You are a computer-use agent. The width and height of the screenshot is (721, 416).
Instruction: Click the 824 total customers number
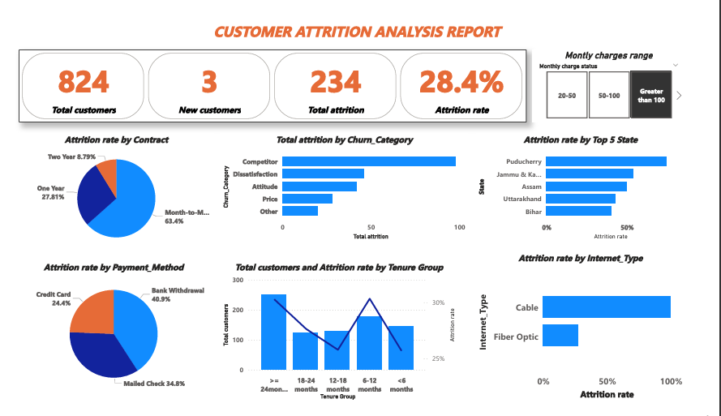[84, 81]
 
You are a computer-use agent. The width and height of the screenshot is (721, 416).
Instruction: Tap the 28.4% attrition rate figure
[461, 81]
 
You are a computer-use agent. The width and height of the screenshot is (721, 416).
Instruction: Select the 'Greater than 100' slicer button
[651, 95]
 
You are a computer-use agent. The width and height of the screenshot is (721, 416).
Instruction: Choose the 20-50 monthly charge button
[566, 95]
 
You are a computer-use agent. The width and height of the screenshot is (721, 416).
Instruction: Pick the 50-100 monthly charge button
[609, 95]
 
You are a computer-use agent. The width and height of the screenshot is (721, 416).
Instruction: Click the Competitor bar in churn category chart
[369, 161]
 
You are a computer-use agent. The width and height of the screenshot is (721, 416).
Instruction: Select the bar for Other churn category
[300, 211]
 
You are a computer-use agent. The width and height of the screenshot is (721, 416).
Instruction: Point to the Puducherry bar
[605, 161]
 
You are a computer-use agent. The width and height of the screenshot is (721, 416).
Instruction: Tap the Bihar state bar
[577, 211]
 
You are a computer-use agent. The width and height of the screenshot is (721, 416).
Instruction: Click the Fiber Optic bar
[560, 336]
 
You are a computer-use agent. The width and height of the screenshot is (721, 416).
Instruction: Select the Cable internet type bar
[607, 307]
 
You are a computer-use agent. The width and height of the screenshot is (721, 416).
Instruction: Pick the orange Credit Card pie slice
[92, 311]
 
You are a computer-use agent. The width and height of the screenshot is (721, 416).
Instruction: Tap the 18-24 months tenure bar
[305, 350]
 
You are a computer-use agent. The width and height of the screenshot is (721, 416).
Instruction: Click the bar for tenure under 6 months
[401, 348]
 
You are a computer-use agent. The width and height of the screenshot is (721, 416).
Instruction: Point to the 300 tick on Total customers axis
[238, 280]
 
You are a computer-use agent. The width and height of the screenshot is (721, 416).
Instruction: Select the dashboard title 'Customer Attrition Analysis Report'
[358, 32]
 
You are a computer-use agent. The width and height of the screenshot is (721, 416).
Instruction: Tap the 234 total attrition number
[336, 81]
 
